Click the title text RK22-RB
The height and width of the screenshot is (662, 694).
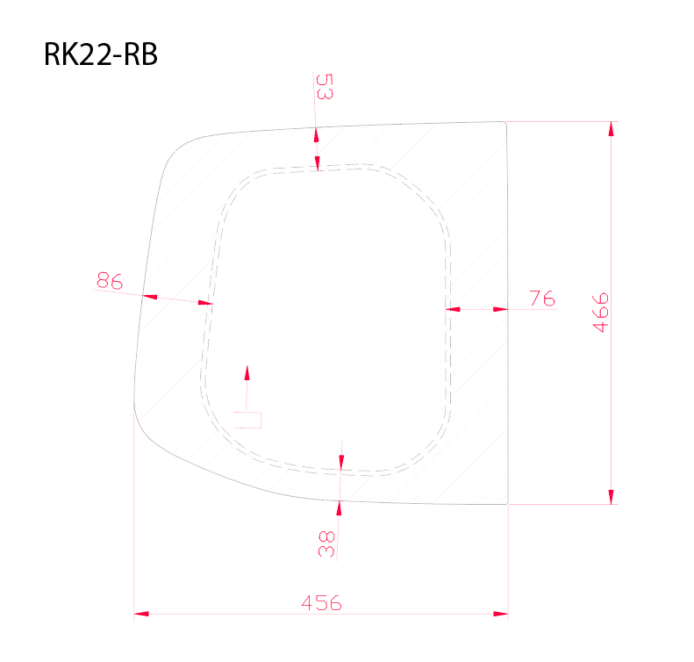[x=100, y=55]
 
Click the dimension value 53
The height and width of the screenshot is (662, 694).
[x=324, y=88]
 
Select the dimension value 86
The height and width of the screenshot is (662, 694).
[x=109, y=281]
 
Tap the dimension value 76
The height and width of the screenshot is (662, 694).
[x=543, y=299]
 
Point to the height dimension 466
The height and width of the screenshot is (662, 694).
[x=601, y=312]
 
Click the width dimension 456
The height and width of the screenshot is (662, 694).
[x=321, y=603]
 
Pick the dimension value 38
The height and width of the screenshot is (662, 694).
[x=327, y=543]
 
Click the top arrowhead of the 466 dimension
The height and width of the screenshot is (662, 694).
[x=612, y=128]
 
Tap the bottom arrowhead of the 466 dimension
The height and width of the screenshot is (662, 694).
[x=612, y=498]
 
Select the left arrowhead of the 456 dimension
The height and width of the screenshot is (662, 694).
[x=140, y=614]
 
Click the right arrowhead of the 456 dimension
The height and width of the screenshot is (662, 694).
[x=501, y=614]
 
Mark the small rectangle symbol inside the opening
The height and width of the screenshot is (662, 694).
[x=248, y=419]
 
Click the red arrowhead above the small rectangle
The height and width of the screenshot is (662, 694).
[x=247, y=372]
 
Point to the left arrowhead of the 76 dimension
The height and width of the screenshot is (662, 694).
[x=454, y=309]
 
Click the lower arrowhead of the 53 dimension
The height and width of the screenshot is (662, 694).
[x=318, y=164]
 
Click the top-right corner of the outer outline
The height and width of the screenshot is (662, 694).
[x=507, y=123]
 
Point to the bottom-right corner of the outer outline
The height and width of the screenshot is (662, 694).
[x=507, y=504]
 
